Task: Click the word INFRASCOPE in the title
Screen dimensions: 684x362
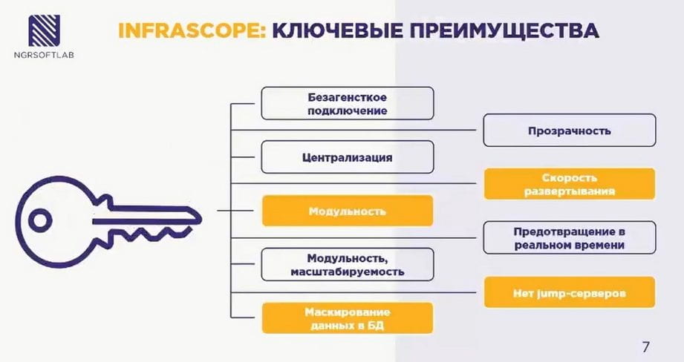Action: pyautogui.click(x=192, y=31)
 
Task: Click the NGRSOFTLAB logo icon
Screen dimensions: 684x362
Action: pyautogui.click(x=44, y=30)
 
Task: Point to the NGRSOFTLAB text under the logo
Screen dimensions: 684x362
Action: pyautogui.click(x=44, y=55)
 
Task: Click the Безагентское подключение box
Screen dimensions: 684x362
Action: pyautogui.click(x=348, y=103)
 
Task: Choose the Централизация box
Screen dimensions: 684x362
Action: pyautogui.click(x=348, y=157)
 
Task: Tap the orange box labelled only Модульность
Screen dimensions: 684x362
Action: pyautogui.click(x=348, y=211)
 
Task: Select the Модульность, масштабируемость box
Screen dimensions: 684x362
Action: pyautogui.click(x=348, y=264)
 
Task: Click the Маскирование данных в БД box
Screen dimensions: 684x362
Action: pyautogui.click(x=348, y=318)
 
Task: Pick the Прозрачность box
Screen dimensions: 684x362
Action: pyautogui.click(x=570, y=131)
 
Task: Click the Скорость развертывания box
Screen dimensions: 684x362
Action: pyautogui.click(x=570, y=184)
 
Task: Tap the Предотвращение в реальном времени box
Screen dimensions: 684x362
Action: pyautogui.click(x=570, y=238)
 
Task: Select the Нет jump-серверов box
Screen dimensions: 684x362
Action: pyautogui.click(x=570, y=292)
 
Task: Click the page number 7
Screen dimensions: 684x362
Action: pyautogui.click(x=645, y=347)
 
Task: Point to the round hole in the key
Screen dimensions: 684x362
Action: pyautogui.click(x=40, y=220)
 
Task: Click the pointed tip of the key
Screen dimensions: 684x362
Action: pyautogui.click(x=201, y=217)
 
